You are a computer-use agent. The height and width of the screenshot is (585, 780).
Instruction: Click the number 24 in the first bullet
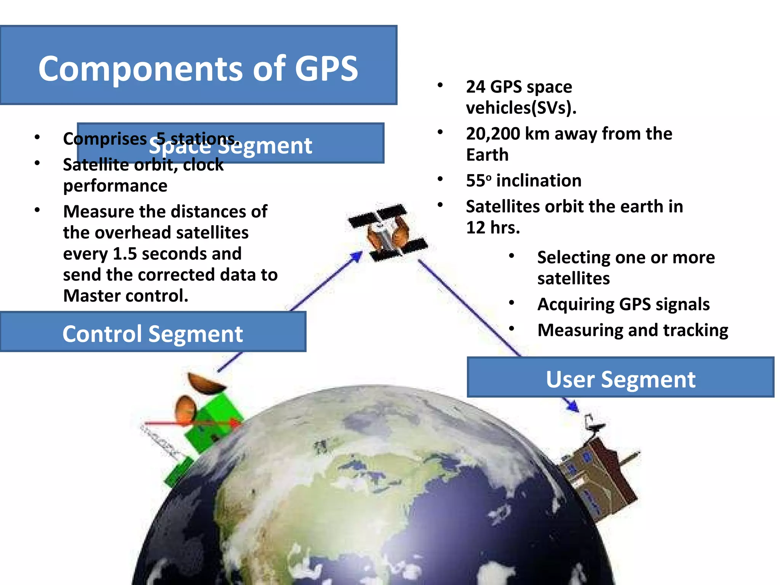pyautogui.click(x=475, y=87)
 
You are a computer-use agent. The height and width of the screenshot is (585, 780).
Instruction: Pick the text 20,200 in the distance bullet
pyautogui.click(x=493, y=134)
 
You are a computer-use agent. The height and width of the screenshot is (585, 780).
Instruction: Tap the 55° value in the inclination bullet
pyautogui.click(x=478, y=181)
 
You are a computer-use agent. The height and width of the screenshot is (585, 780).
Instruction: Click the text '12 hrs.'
pyautogui.click(x=493, y=228)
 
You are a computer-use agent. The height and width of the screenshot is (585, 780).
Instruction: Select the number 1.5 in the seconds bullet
pyautogui.click(x=125, y=254)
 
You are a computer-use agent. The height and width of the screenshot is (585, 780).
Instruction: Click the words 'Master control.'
pyautogui.click(x=126, y=296)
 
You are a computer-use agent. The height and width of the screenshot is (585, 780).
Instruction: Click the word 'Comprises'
pyautogui.click(x=105, y=139)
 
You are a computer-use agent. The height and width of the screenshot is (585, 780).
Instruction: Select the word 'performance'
pyautogui.click(x=115, y=186)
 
